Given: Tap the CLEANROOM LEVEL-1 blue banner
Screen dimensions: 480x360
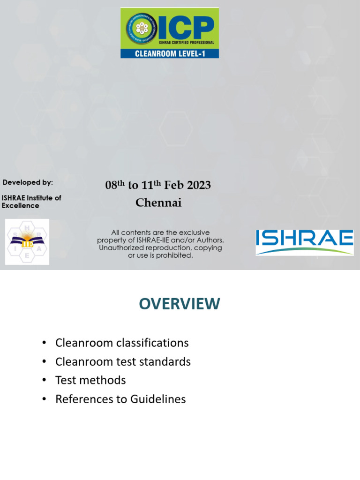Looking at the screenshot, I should point(169,53).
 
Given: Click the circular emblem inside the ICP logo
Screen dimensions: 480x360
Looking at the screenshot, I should point(141,28).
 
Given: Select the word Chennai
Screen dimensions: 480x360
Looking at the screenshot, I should point(158,202).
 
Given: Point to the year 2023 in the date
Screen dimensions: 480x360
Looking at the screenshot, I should point(199,185).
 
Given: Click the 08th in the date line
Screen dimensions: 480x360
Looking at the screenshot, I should point(113,185).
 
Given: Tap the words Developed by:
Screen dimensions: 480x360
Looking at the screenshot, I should point(28,182).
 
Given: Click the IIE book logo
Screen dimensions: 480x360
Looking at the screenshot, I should point(27,241).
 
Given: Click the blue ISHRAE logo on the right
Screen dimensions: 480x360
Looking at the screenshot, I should point(304,241).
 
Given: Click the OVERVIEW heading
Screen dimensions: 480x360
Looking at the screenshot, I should point(179,304).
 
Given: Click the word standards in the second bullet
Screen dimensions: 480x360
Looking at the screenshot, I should point(166,361).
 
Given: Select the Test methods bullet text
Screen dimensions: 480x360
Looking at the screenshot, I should point(90,380).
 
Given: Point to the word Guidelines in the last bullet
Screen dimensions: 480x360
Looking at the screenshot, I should point(158,399).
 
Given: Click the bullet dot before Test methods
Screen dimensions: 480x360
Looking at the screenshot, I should point(44,380).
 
